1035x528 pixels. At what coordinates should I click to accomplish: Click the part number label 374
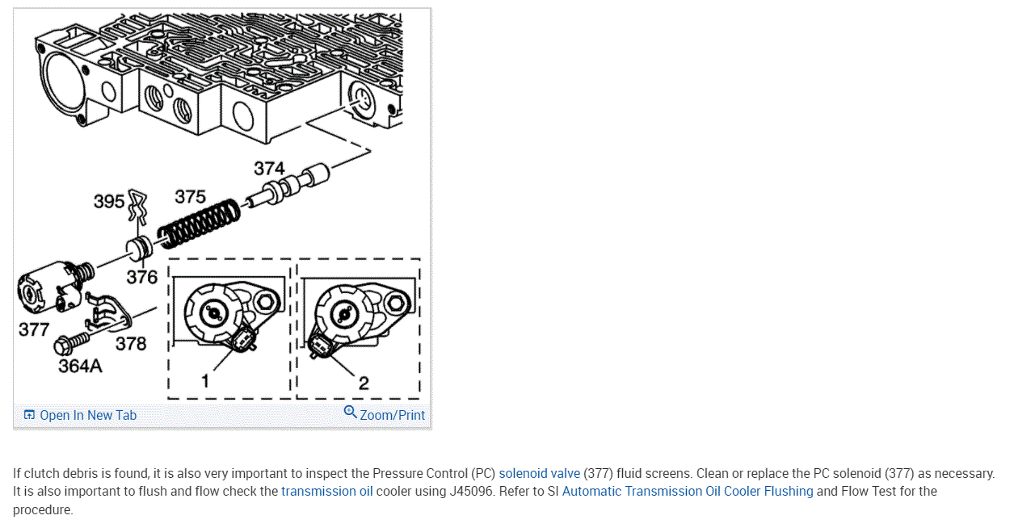pos(269,168)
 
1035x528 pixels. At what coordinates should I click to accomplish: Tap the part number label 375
pos(190,197)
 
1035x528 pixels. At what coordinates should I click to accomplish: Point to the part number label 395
pos(109,201)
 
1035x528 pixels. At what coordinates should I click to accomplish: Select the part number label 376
pos(141,278)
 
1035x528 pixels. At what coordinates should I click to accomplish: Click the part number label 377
pos(34,329)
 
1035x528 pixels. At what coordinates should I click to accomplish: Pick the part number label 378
pos(131,344)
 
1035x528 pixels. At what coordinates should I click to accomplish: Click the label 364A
pos(81,366)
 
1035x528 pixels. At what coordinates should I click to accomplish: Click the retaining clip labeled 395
pos(137,208)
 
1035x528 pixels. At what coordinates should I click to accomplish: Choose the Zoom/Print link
pos(392,415)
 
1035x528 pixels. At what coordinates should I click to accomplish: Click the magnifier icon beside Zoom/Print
pos(350,413)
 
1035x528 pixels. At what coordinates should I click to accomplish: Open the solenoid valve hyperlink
pos(539,473)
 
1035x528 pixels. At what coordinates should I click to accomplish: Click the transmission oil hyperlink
pos(327,491)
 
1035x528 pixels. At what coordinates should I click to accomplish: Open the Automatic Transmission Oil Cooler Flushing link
pos(688,491)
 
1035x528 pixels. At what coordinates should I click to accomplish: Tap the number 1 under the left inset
pos(205,380)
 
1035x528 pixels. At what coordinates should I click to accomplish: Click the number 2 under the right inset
pos(364,383)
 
